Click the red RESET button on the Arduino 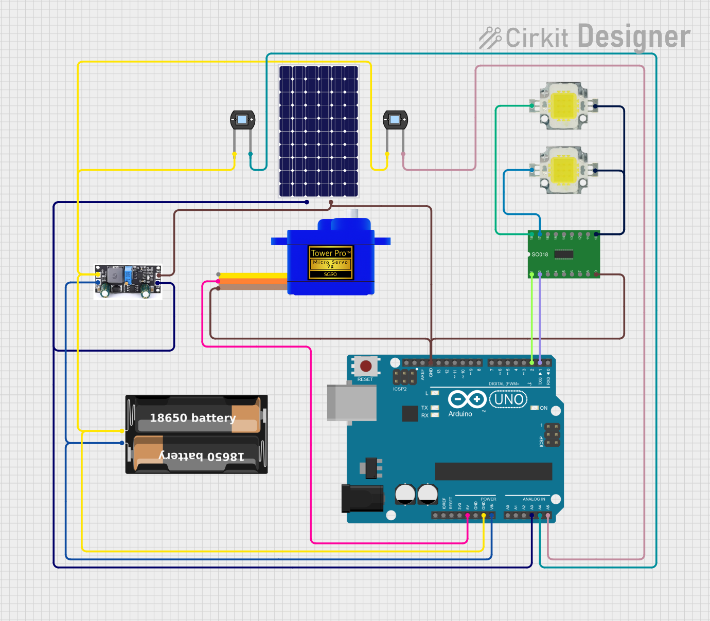366,366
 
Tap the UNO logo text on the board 508,399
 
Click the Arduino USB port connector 351,402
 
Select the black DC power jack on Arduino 362,498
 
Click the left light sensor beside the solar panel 242,120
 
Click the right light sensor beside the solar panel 395,120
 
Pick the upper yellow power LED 563,106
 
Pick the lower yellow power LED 563,170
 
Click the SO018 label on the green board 540,254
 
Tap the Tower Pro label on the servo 330,253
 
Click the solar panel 318,131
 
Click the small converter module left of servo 128,281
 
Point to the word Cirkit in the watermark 537,38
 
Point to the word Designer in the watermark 633,37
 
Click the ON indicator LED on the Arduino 535,408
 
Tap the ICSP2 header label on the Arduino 400,389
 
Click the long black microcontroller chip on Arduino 493,471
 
